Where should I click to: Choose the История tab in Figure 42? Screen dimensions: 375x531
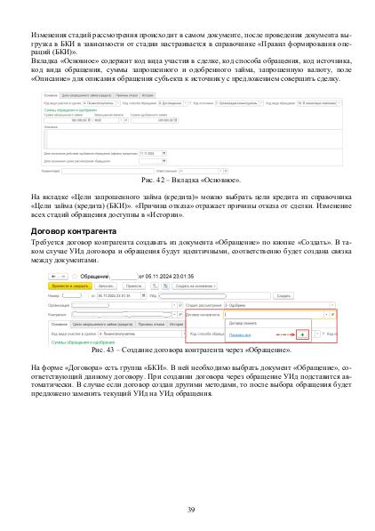tap(148, 94)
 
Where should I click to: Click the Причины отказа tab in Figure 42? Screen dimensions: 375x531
tap(124, 94)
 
